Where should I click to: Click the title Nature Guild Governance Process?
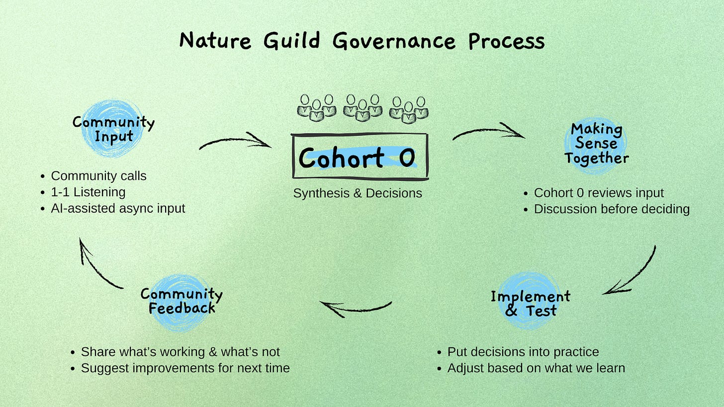coord(362,41)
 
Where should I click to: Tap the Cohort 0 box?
coord(360,157)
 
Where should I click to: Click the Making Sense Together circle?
coord(597,144)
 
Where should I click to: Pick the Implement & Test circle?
coord(530,303)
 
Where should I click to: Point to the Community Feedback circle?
coord(181,301)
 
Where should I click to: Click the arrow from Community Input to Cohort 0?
coord(236,142)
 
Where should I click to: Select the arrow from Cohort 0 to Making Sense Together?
coord(488,131)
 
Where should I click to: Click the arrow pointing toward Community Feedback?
coord(355,308)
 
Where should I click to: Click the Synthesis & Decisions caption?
coord(358,193)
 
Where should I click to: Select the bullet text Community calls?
coord(98,176)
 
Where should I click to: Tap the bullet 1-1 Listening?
coord(88,192)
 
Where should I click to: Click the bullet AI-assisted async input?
coord(118,208)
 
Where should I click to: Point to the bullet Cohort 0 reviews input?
coord(599,193)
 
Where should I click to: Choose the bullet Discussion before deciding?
coord(612,209)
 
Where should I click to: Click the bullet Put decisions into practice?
coord(523,352)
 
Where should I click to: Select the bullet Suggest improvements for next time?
coord(185,368)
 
